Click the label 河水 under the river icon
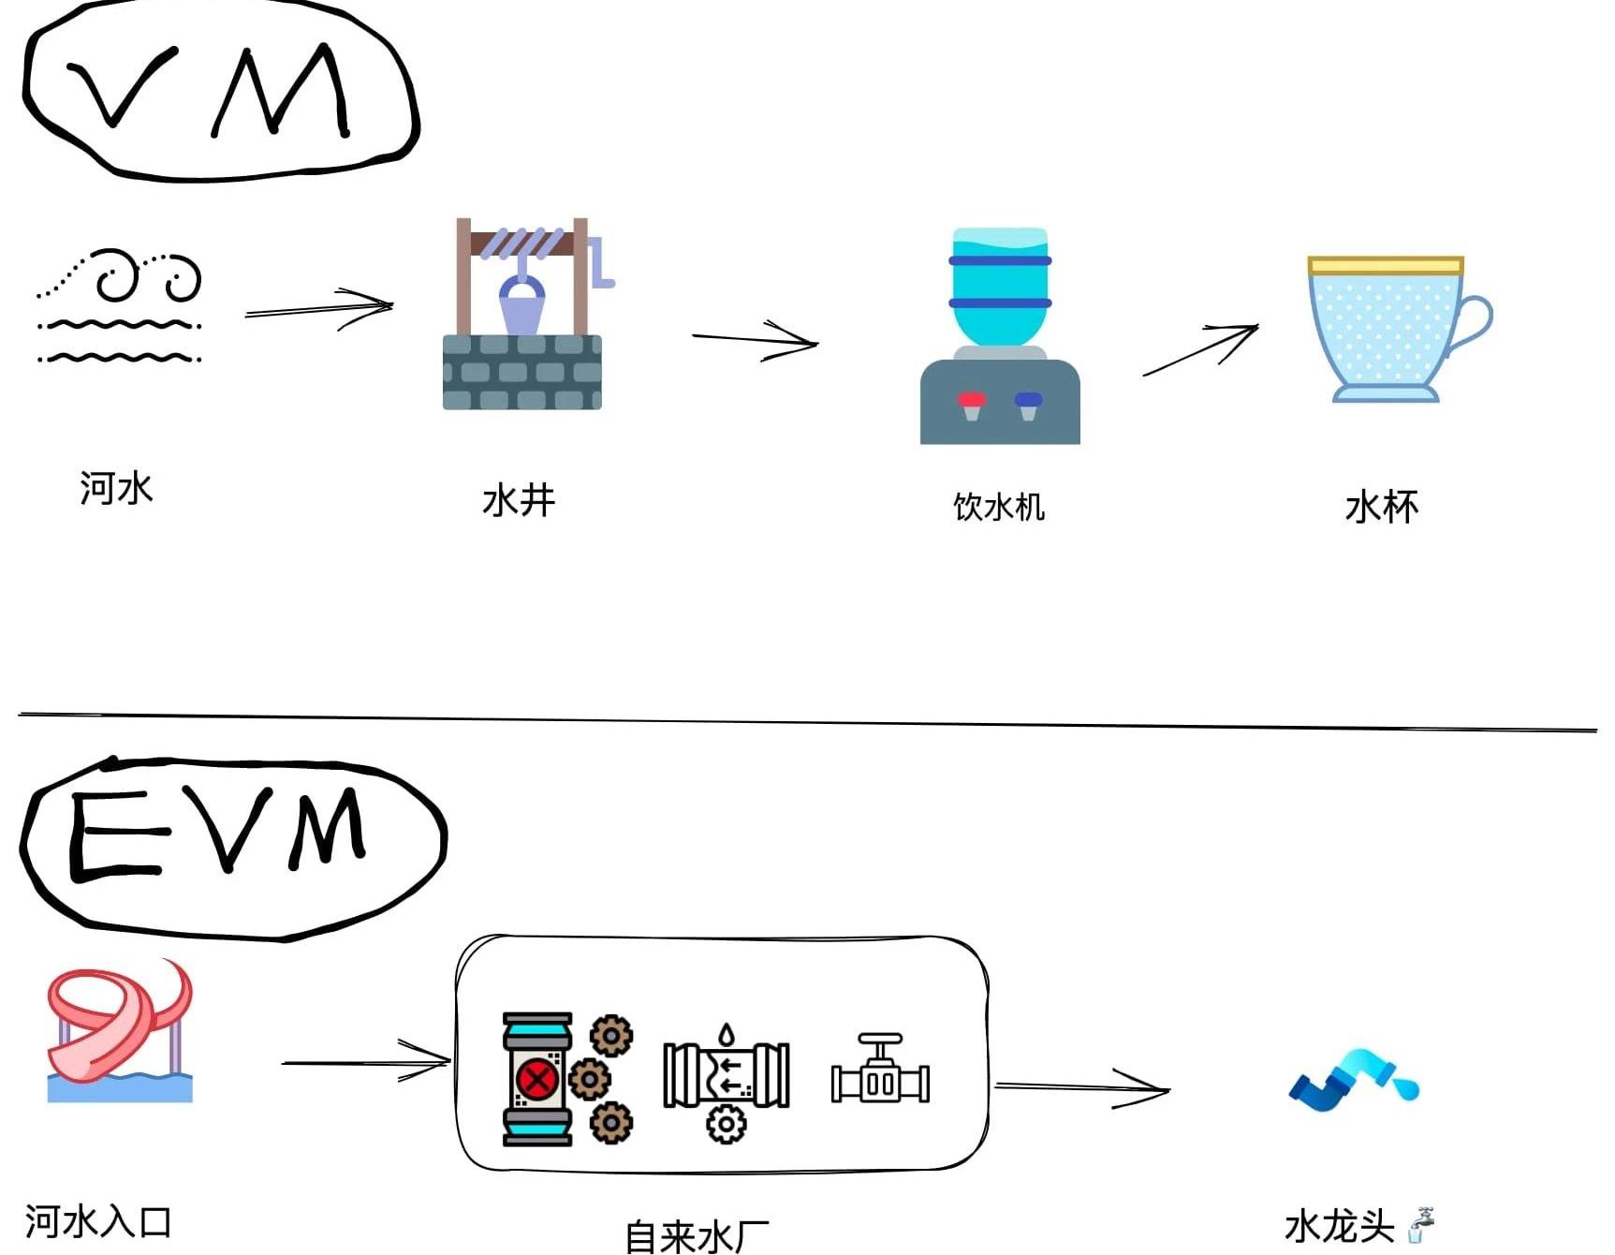click(x=116, y=488)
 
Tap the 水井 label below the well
click(x=519, y=500)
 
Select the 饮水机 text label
click(x=998, y=507)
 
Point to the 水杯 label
click(x=1382, y=507)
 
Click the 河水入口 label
click(x=98, y=1222)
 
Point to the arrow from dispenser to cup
click(x=1202, y=348)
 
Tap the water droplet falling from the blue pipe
click(x=1406, y=1087)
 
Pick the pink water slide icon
click(x=120, y=1030)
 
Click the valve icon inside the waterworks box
click(x=880, y=1070)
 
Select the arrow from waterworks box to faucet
click(x=1082, y=1088)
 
